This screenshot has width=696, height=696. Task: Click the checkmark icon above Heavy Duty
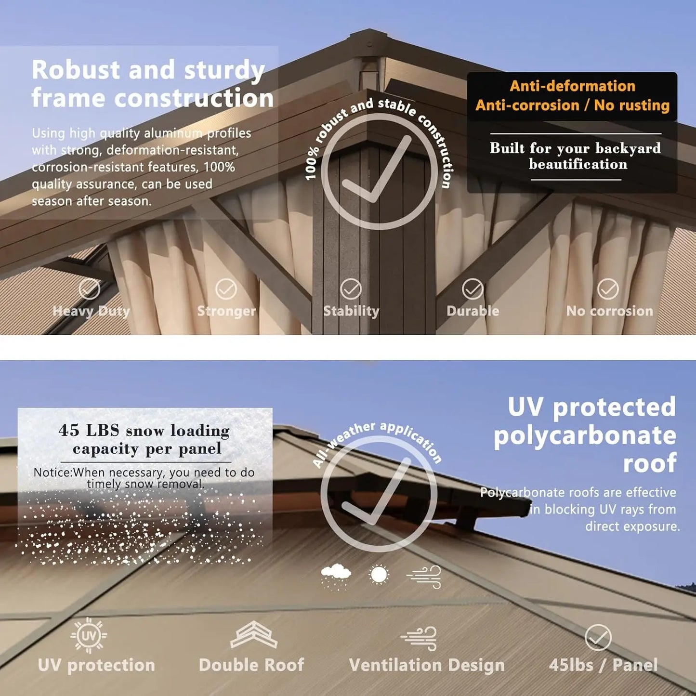coord(89,289)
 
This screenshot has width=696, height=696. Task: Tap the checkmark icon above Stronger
coord(226,289)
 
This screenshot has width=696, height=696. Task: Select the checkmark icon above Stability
coord(351,289)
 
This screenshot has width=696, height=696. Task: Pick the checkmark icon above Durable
coord(473,289)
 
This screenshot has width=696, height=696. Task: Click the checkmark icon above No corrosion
coord(608,289)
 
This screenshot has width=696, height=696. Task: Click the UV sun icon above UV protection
coord(89,636)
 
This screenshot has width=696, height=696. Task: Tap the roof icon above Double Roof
coord(253,635)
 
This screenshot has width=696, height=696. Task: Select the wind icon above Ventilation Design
coord(420,638)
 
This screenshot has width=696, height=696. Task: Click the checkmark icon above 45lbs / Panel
coord(598,638)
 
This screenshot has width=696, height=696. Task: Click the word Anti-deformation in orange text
coord(572,86)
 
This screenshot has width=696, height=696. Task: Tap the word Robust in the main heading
coord(76,70)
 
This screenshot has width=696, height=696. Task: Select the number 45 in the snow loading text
coord(69,430)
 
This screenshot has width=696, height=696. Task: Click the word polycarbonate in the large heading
coord(585,436)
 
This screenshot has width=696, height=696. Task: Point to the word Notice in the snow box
coord(52,473)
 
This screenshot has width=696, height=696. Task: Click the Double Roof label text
coord(251,665)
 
